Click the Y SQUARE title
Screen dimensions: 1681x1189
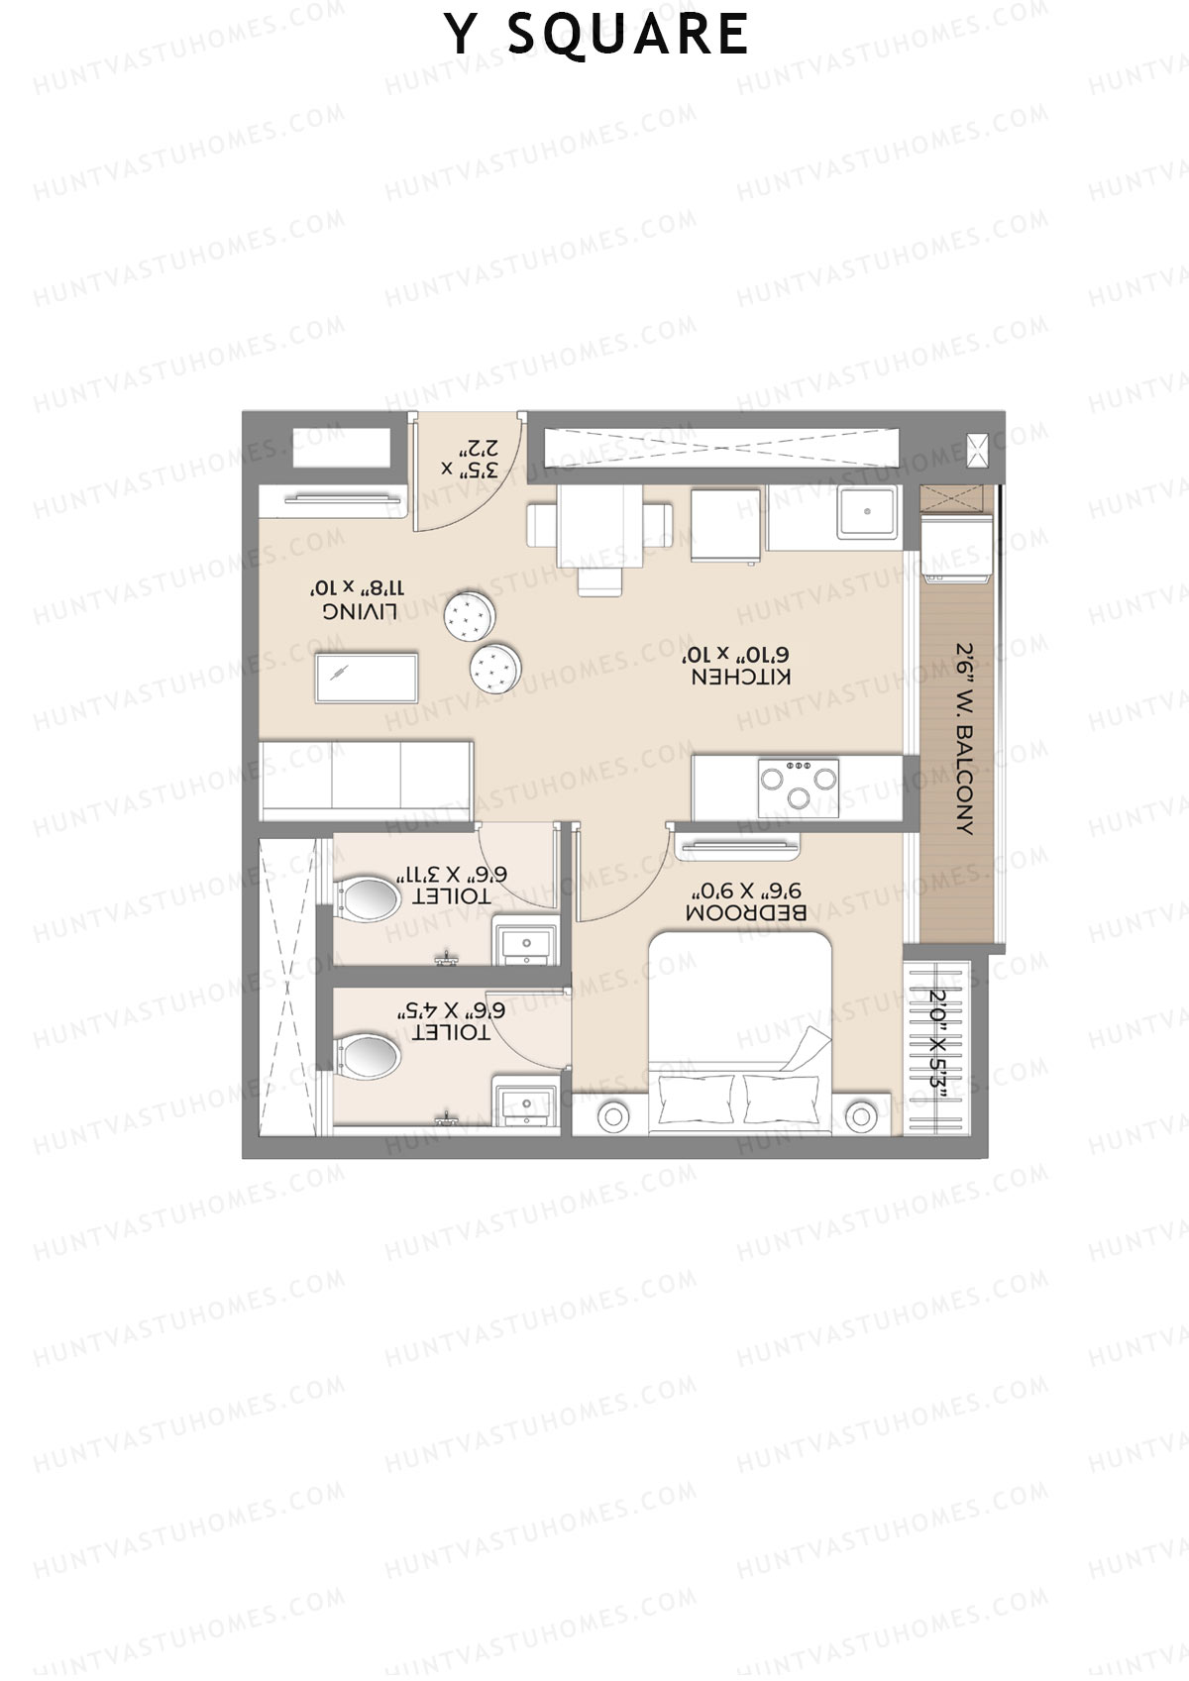(595, 35)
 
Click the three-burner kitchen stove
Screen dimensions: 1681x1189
(799, 788)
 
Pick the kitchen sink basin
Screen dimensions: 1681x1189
(867, 512)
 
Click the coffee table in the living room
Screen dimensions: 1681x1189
(366, 678)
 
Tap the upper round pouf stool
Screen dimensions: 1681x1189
(468, 615)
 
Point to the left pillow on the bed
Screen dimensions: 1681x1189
(696, 1099)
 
